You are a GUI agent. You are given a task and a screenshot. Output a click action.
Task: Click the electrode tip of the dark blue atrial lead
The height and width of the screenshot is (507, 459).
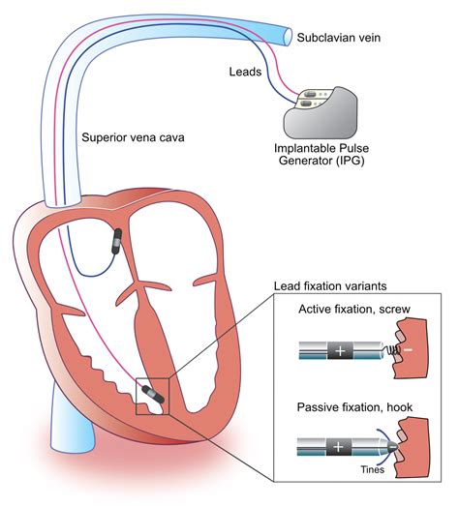(117, 241)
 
